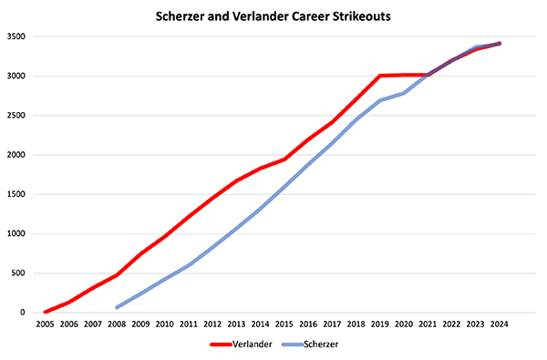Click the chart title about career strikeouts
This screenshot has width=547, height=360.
point(273,15)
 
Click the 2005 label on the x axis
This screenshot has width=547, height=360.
point(45,324)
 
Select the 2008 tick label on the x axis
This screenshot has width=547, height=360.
point(117,324)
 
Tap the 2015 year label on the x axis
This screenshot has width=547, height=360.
point(284,324)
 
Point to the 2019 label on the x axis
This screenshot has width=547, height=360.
point(380,324)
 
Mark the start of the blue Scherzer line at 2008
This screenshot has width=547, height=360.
point(117,308)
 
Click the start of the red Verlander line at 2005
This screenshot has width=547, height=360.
point(45,312)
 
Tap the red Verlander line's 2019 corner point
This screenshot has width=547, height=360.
point(380,76)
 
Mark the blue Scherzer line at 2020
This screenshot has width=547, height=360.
point(404,93)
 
